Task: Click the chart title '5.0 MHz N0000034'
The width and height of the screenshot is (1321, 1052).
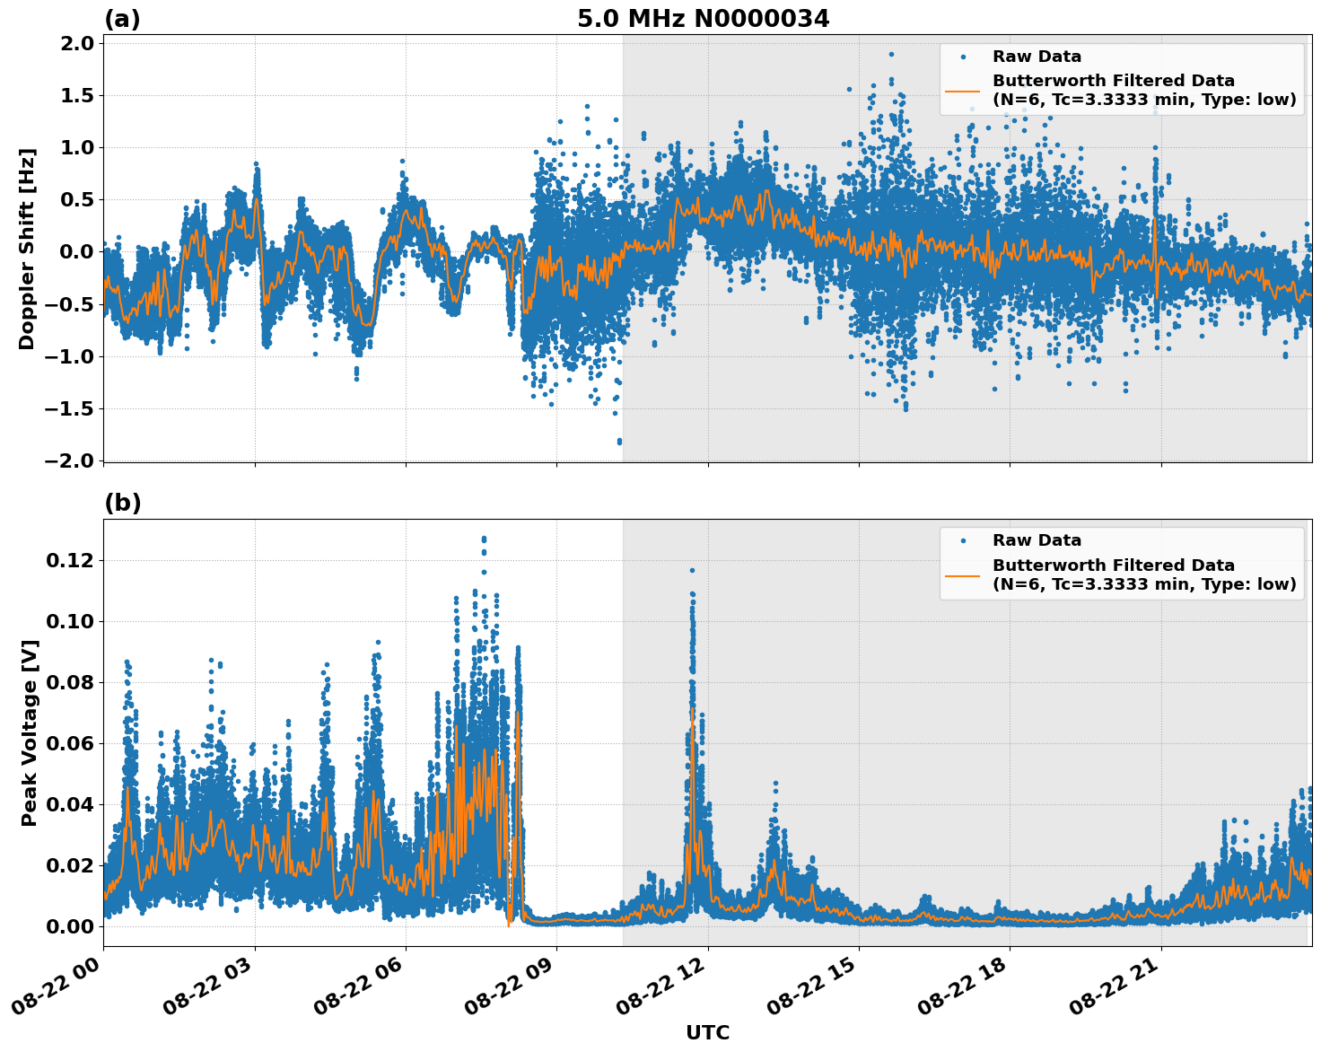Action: (x=703, y=19)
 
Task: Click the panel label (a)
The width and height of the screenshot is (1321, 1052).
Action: (x=122, y=19)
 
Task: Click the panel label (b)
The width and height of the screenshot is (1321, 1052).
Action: (x=122, y=504)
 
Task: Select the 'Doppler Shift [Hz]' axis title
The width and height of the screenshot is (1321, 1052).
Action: (x=27, y=249)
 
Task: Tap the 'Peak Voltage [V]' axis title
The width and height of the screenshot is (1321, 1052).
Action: (x=29, y=732)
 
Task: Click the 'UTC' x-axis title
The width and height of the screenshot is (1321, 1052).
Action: (x=707, y=1032)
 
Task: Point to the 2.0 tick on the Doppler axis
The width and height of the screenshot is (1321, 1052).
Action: (x=75, y=44)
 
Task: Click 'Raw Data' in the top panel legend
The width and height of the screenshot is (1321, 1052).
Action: (x=1037, y=57)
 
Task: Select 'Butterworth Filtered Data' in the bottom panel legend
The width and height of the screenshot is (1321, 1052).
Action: (x=1113, y=565)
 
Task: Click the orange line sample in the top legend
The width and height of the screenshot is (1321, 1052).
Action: (x=963, y=90)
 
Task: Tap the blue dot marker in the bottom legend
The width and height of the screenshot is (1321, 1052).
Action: (x=963, y=541)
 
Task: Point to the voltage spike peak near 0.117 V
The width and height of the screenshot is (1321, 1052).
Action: (x=692, y=570)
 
